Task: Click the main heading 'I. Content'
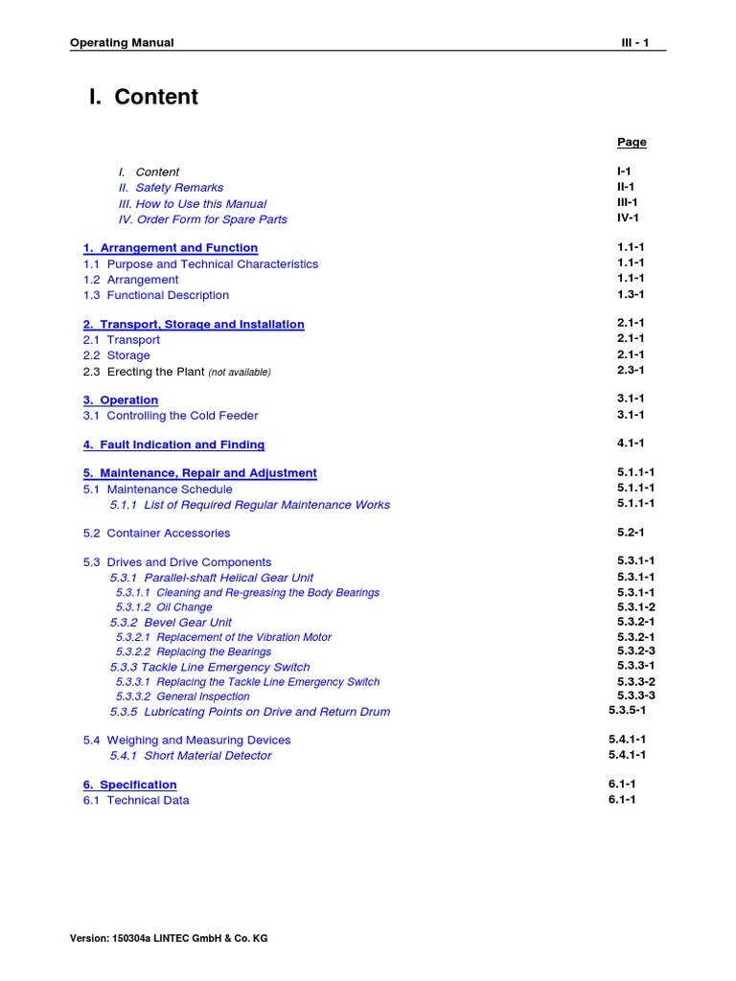[143, 97]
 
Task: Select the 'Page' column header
[632, 142]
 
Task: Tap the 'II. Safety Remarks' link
[171, 188]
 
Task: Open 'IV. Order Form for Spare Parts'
[202, 219]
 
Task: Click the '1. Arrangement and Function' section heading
[170, 248]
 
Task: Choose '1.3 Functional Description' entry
[155, 295]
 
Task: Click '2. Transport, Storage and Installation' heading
[194, 325]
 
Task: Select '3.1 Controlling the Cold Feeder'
[170, 416]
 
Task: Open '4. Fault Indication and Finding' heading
[173, 445]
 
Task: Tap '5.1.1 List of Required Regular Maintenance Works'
[249, 505]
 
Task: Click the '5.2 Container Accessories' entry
[156, 533]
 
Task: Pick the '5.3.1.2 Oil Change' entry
[164, 607]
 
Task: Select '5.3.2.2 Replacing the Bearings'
[193, 651]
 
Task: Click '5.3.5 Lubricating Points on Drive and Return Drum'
[249, 712]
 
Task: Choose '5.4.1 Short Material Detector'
[190, 756]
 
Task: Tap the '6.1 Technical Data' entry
[135, 800]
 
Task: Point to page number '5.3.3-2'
[636, 681]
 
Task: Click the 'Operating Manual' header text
[122, 43]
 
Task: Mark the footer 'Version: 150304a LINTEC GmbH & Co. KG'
[169, 938]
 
